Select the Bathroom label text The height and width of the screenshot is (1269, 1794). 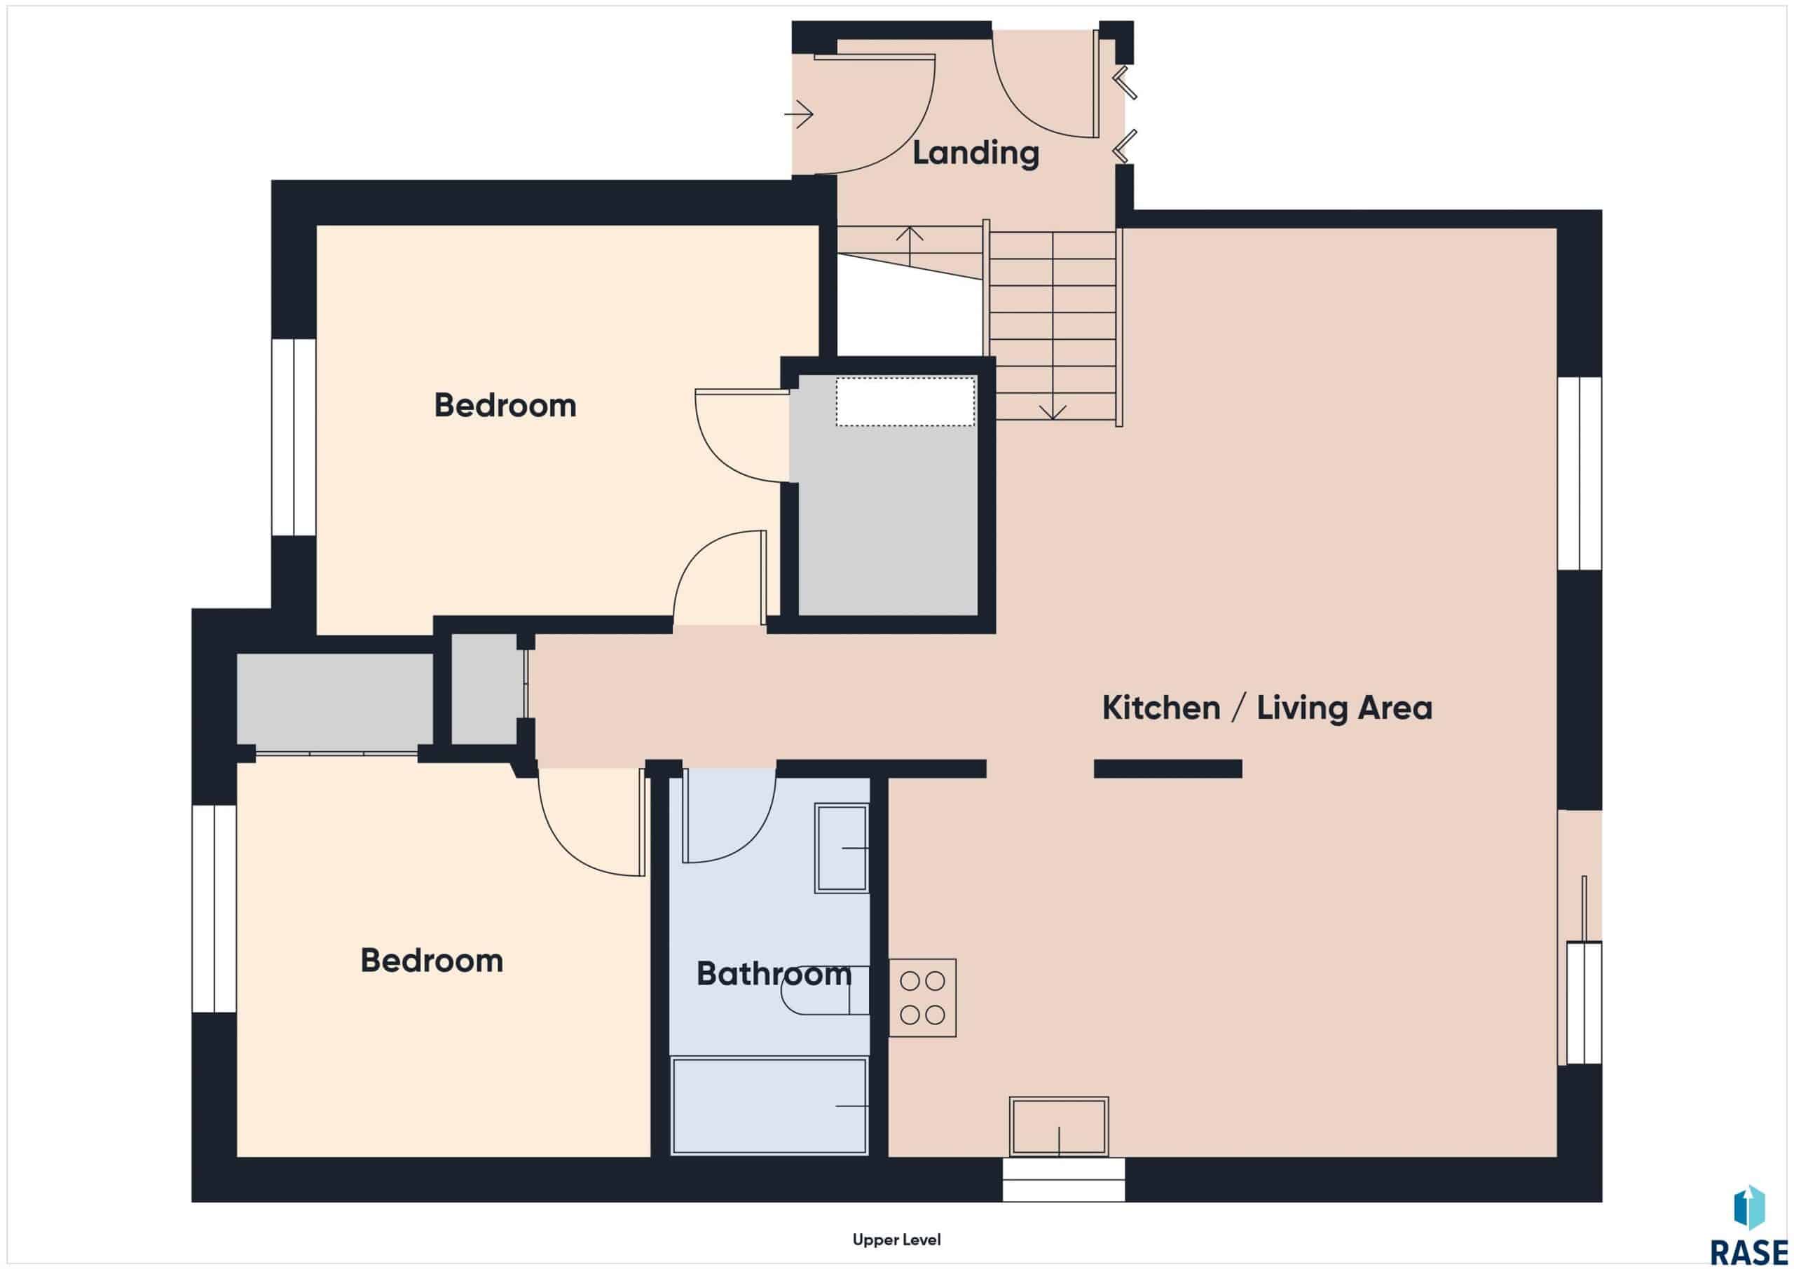[774, 973]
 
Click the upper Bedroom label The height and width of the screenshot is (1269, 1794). [505, 406]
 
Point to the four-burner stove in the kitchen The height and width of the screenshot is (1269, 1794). [922, 998]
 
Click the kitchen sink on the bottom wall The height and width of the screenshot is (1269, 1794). [1059, 1126]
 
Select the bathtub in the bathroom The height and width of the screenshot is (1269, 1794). [769, 1106]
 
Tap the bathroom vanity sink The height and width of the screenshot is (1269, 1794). [842, 848]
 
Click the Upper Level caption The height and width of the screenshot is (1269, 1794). [897, 1240]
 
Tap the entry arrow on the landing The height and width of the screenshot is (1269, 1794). [799, 115]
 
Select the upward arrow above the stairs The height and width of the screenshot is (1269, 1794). [910, 246]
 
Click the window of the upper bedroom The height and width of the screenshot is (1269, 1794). [294, 437]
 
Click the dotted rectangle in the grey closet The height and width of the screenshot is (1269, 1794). [905, 402]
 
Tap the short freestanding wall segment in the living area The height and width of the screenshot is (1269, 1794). [1168, 769]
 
